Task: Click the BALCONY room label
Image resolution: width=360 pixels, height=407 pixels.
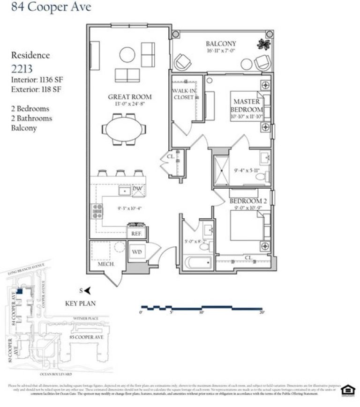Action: pyautogui.click(x=217, y=44)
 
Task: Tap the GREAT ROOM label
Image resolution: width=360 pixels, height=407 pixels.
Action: pyautogui.click(x=130, y=97)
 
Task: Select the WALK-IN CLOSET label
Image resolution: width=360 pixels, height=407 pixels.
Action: pyautogui.click(x=183, y=94)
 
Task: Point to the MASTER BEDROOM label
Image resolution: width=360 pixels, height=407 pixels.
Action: pyautogui.click(x=246, y=105)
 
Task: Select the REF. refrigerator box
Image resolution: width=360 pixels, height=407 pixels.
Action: pyautogui.click(x=137, y=233)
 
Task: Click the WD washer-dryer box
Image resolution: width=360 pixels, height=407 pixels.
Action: pyautogui.click(x=137, y=252)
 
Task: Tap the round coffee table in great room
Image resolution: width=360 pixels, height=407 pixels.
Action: pyautogui.click(x=127, y=55)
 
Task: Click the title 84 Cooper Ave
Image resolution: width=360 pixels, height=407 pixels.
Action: pyautogui.click(x=45, y=7)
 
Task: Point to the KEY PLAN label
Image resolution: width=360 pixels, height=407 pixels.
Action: pyautogui.click(x=80, y=303)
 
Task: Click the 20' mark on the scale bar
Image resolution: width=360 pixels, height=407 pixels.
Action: pyautogui.click(x=262, y=312)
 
